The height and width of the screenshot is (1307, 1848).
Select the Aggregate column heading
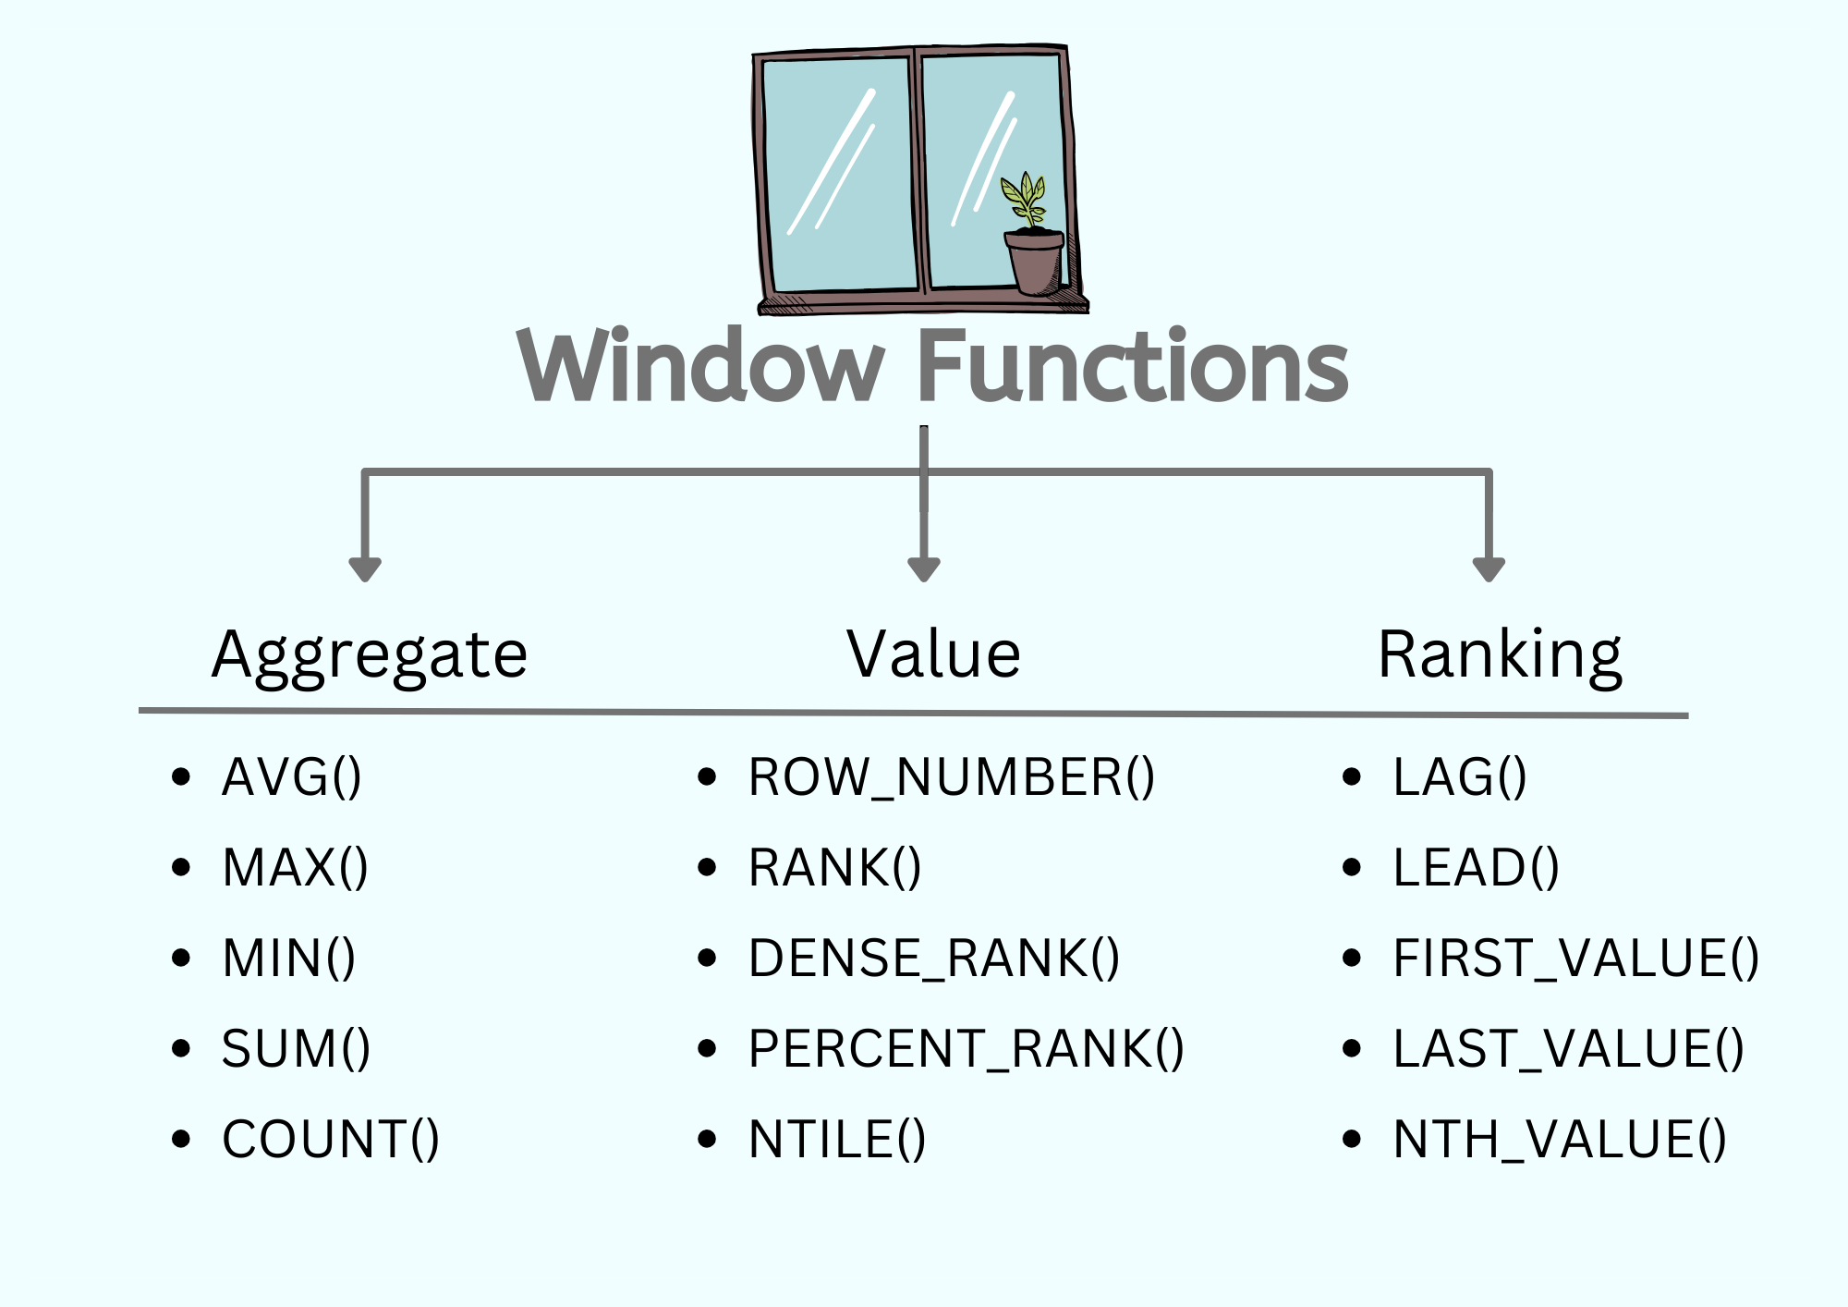[370, 654]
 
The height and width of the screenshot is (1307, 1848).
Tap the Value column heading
[933, 654]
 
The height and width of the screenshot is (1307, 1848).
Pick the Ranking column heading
[1500, 654]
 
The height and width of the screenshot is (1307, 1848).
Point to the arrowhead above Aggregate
[365, 568]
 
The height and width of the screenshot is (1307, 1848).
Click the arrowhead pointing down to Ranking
[1489, 568]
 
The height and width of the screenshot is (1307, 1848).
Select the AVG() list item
[292, 776]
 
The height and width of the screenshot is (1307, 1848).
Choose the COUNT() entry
[331, 1139]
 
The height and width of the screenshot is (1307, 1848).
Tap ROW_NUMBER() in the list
[952, 776]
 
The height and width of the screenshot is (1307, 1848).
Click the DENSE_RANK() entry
[934, 958]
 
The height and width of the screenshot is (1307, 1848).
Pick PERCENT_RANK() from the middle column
[967, 1048]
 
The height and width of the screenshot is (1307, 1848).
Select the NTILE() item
[837, 1139]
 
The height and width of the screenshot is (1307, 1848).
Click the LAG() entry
[1460, 776]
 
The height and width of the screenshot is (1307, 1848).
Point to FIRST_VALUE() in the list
[1576, 958]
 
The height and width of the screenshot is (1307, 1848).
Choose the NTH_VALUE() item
[1560, 1139]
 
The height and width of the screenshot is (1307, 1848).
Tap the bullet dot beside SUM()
[181, 1048]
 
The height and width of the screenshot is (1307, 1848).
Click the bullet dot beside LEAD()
[1352, 867]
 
